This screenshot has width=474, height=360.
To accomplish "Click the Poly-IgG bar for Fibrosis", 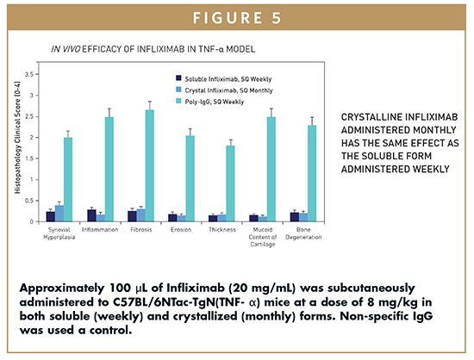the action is coord(150,166).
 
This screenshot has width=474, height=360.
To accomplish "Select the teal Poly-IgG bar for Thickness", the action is coord(230,183).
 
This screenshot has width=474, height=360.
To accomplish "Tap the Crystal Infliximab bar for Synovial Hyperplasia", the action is coord(59,214).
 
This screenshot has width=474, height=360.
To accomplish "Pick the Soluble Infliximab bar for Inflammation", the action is coord(91,215).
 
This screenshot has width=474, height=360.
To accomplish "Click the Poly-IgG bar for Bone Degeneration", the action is coord(312,174).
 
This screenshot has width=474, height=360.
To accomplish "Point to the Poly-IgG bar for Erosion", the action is coord(190,179).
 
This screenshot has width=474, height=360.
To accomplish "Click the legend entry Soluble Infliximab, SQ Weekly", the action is coord(224,79).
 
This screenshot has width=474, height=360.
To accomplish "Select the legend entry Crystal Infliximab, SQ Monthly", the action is coord(224,90).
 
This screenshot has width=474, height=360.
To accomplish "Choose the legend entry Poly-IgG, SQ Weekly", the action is coord(210,102).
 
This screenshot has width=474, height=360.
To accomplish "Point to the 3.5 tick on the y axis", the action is coord(37,74).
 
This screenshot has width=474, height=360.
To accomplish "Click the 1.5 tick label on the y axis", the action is coord(29,158).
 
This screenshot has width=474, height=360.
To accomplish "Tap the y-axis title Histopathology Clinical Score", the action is coord(17,138).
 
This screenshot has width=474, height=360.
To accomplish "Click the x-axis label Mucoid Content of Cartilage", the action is coord(262,237).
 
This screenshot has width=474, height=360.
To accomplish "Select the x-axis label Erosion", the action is coord(181,230).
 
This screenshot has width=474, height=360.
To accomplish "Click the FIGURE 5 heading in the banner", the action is coord(237,18).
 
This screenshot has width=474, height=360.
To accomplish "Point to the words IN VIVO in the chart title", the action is coord(65,49).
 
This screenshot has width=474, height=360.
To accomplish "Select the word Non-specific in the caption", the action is coord(374,316).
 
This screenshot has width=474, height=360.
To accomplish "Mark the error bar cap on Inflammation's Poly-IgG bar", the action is coord(109,109).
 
